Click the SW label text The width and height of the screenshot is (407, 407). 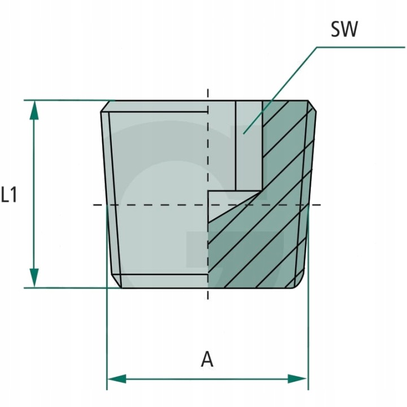tap(344, 29)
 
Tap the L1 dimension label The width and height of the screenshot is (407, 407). tap(10, 196)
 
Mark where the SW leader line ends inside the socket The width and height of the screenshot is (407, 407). tap(244, 133)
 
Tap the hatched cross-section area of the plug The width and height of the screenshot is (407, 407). tap(266, 237)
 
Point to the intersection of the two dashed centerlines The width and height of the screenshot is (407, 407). tap(208, 204)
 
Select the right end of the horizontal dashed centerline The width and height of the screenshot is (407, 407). tap(320, 204)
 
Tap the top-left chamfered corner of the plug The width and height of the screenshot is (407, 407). tap(105, 106)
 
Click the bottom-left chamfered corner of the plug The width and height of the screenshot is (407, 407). tap(115, 283)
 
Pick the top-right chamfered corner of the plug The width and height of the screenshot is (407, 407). tap(311, 106)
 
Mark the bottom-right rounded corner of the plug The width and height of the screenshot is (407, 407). tap(301, 282)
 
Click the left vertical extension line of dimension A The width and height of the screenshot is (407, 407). tap(107, 339)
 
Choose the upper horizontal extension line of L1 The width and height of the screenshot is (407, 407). tap(68, 101)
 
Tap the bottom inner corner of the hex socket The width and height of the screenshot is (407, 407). tap(261, 191)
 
